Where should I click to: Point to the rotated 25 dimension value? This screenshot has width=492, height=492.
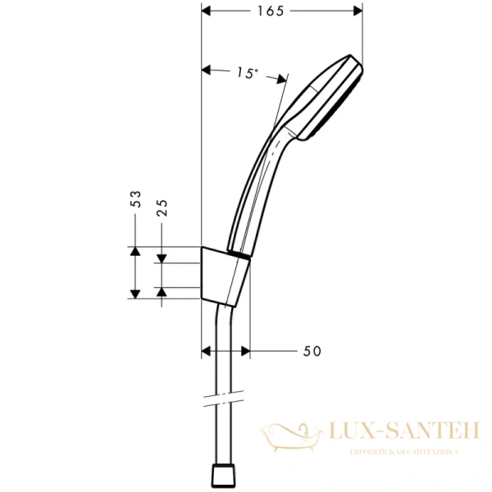pos(162,207)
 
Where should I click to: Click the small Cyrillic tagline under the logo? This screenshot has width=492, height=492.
pos(403,452)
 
